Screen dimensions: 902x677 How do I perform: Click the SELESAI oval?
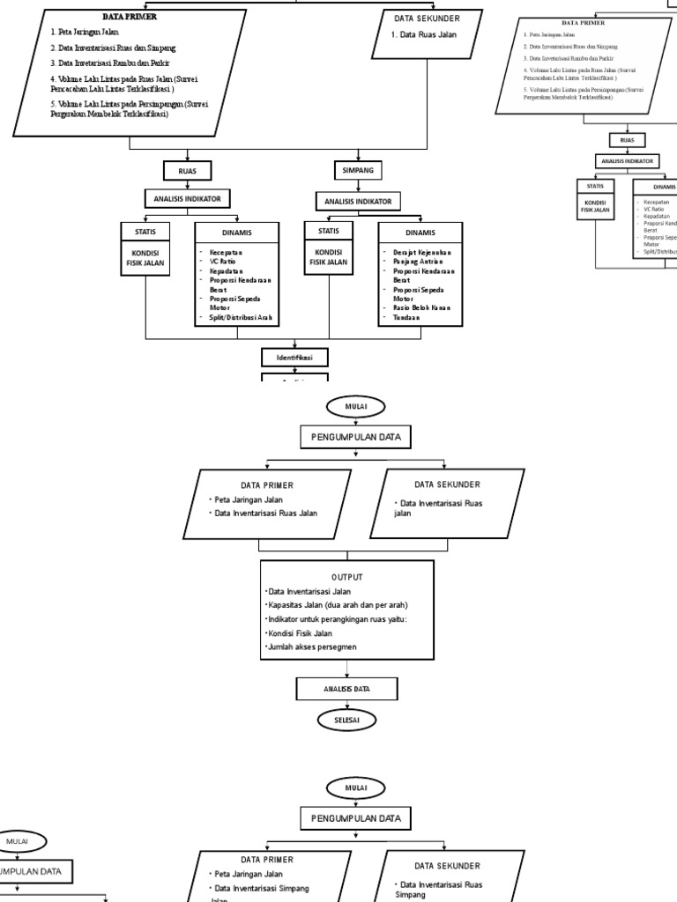pos(346,721)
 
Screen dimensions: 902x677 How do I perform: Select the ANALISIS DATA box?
pos(346,688)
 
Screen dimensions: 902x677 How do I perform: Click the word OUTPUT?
pos(346,577)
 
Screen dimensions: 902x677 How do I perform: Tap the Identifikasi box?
pos(294,357)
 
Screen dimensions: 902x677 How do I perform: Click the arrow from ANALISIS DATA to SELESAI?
pos(346,705)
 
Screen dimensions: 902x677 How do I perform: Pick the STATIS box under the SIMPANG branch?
pos(328,231)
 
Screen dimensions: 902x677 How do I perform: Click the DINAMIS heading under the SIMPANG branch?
pos(420,233)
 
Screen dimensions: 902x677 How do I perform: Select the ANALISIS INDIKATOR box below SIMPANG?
pos(357,201)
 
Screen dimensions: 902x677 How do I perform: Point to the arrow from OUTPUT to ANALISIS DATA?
pos(346,669)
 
